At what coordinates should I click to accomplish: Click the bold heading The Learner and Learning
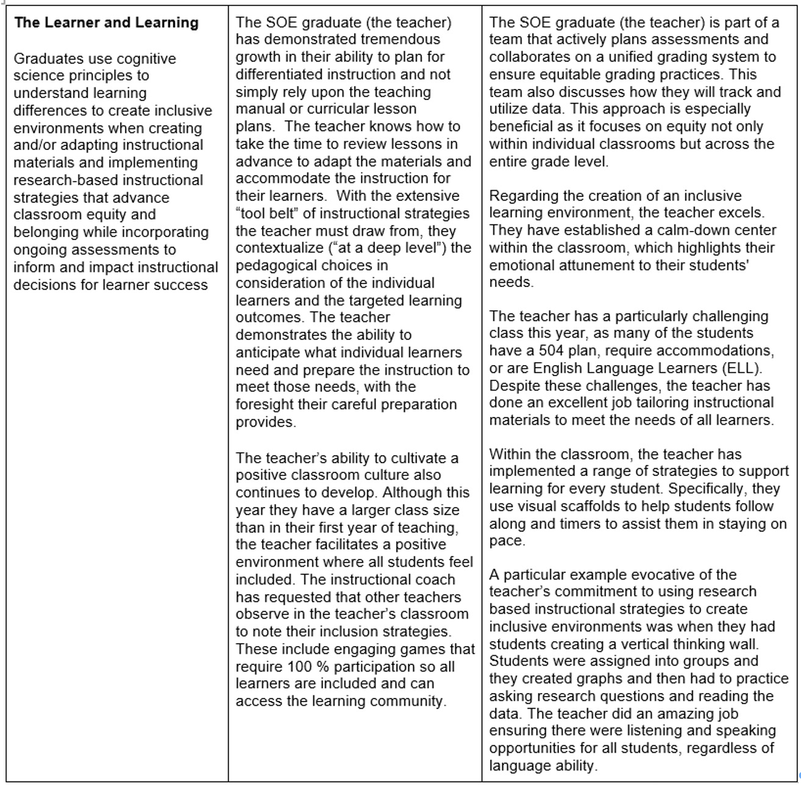(x=107, y=23)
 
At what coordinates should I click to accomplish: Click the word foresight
(x=263, y=405)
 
